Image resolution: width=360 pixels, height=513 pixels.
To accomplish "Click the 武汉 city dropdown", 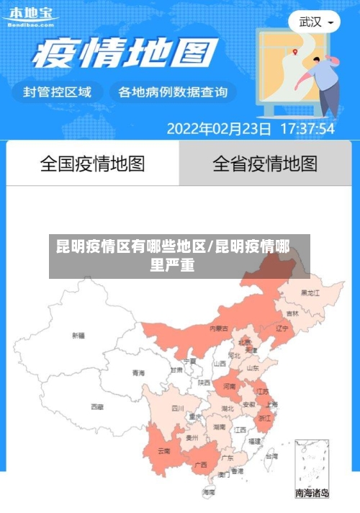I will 315,22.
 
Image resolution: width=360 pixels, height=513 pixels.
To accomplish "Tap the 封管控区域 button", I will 58,92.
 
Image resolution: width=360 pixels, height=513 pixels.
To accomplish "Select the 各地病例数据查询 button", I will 172,92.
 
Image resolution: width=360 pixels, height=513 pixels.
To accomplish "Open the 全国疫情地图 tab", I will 92,164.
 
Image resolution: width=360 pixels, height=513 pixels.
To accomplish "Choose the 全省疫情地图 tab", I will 264,164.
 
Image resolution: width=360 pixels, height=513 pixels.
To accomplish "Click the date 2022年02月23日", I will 219,129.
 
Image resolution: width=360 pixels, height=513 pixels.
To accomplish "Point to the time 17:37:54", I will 307,129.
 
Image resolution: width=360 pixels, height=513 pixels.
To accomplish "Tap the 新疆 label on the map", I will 78,335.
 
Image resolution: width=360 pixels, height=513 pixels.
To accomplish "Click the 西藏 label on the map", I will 97,407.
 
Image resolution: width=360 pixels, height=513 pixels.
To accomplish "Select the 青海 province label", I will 138,373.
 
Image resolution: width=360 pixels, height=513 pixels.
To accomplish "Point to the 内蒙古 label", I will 219,329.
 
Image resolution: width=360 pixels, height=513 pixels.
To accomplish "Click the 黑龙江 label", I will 311,293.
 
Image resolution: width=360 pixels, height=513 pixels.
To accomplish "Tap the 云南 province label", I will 163,452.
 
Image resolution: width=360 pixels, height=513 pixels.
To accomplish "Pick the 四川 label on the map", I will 177,408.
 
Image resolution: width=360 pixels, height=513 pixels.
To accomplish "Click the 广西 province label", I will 202,465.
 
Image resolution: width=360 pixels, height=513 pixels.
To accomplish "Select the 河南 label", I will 230,387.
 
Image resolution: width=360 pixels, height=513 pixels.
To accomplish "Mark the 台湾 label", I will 271,456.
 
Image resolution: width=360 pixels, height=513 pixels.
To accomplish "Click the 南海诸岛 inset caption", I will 312,493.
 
